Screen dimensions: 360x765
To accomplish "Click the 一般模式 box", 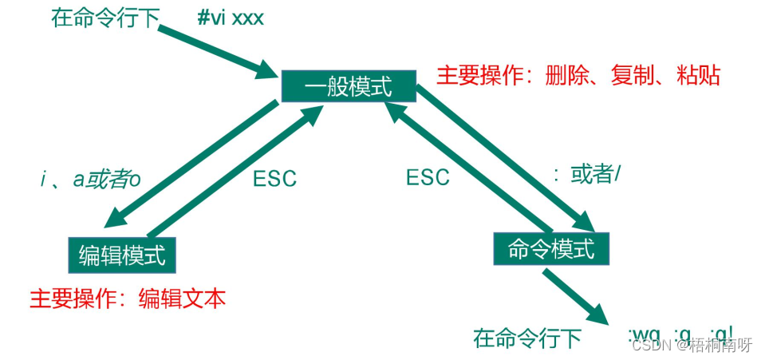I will (x=349, y=87).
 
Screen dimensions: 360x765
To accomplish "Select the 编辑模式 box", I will (x=122, y=255).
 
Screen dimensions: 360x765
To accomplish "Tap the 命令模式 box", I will (x=551, y=249).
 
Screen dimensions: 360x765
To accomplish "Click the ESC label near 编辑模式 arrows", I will (x=274, y=178).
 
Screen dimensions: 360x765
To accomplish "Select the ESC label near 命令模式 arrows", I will (x=428, y=176).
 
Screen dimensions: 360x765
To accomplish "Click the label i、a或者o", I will (x=90, y=180).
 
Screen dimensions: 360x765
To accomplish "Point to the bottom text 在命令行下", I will (x=527, y=338).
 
